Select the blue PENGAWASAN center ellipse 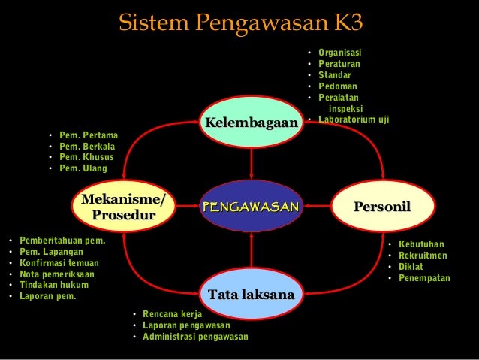point(251,206)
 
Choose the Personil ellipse point(384,206)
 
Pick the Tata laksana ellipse point(251,295)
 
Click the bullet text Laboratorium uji point(353,119)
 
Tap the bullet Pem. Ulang point(83,168)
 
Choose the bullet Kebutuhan point(421,244)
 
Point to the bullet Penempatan point(424,278)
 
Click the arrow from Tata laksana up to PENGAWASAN point(252,251)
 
